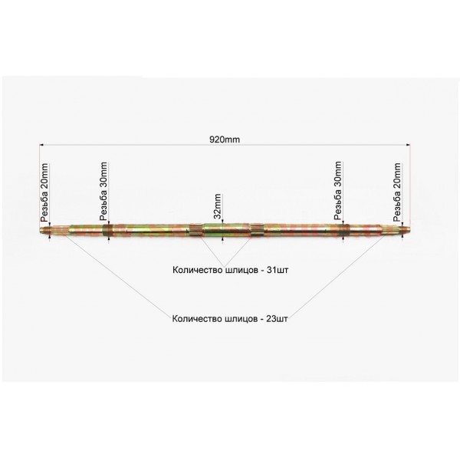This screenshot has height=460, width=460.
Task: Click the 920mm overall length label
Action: click(225, 140)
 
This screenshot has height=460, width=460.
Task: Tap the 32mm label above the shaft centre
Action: click(218, 206)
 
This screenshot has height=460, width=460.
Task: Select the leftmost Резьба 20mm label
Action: click(44, 192)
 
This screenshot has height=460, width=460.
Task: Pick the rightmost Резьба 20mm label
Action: click(397, 192)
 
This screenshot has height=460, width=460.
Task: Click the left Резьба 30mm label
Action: click(103, 191)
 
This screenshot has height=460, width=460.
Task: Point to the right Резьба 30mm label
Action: click(338, 190)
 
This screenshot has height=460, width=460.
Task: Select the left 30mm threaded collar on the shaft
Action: click(108, 229)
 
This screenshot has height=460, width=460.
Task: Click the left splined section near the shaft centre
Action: click(196, 229)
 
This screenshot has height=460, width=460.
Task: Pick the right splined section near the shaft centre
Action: click(258, 228)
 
